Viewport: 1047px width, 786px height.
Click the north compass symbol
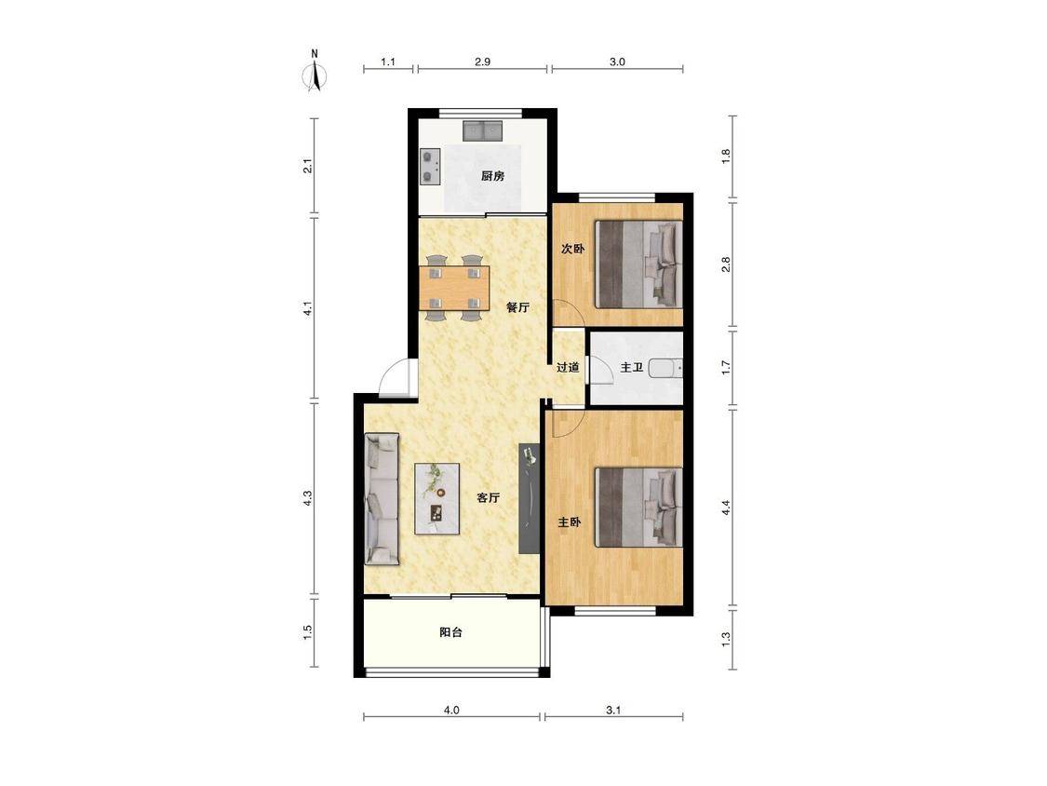[x=315, y=72]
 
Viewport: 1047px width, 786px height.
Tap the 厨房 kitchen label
[x=492, y=176]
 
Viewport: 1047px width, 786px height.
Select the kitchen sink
[x=482, y=130]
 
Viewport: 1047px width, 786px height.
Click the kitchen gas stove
[x=430, y=167]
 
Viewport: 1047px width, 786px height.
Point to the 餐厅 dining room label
[x=517, y=307]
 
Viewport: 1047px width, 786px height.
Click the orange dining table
[x=454, y=288]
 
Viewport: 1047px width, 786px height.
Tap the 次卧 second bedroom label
[x=572, y=249]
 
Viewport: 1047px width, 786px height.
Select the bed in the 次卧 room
[x=639, y=264]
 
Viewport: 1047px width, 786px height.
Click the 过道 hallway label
[x=568, y=367]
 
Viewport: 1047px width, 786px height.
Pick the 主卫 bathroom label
[x=632, y=367]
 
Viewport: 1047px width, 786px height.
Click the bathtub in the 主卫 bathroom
[x=665, y=369]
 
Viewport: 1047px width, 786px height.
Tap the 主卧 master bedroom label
[x=570, y=522]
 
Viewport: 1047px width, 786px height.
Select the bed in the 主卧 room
[x=639, y=508]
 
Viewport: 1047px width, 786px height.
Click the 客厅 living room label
[x=488, y=498]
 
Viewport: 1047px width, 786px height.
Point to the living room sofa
[x=382, y=498]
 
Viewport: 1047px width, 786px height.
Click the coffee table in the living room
[x=437, y=498]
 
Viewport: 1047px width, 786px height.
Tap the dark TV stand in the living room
[x=529, y=498]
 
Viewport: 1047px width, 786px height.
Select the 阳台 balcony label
[x=451, y=632]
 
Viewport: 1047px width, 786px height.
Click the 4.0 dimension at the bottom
[x=451, y=711]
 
